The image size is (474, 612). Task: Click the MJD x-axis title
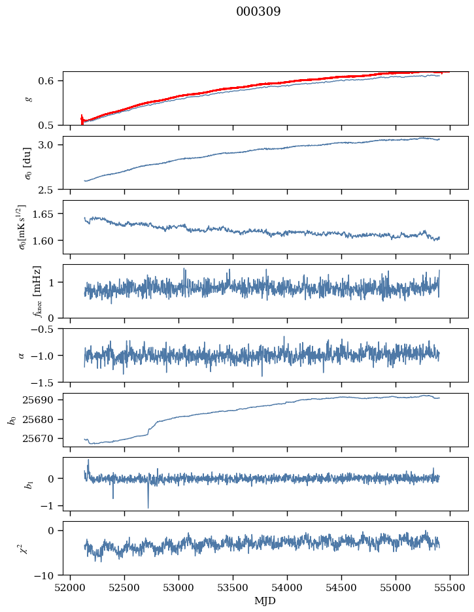point(265,601)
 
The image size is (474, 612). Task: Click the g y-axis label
point(27,98)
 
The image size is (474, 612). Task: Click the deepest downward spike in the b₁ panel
point(148,507)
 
